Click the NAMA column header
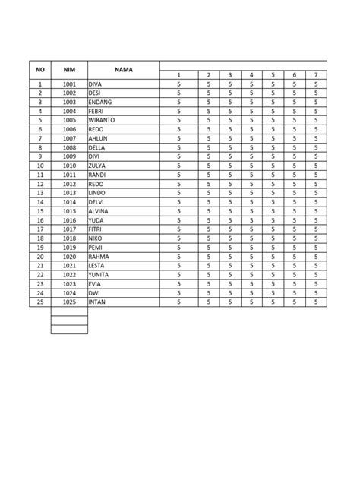[124, 69]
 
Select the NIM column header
[69, 69]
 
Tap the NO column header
[40, 69]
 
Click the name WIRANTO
[102, 120]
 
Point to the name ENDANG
[100, 102]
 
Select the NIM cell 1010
[69, 166]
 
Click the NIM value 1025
[69, 302]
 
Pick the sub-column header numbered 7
[315, 74]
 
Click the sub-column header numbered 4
[251, 74]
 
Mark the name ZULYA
[98, 166]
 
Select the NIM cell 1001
[69, 84]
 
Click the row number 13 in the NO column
[40, 193]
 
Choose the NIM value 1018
[69, 238]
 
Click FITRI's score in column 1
[178, 229]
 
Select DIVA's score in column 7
[315, 84]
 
